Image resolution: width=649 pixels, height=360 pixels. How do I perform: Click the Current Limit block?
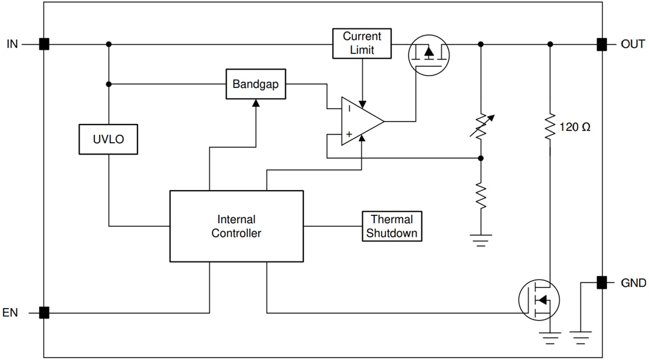362,43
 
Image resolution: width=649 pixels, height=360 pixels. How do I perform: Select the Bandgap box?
255,84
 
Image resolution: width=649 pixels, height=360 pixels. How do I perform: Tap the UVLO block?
108,139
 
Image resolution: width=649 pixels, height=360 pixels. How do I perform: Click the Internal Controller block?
236,226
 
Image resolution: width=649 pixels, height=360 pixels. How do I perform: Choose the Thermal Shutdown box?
392,226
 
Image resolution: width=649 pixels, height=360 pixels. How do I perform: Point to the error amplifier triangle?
361,122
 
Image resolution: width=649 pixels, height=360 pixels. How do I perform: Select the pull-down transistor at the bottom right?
539,300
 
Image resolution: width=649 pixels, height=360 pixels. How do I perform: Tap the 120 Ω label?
574,127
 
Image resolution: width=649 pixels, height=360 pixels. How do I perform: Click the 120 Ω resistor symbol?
550,126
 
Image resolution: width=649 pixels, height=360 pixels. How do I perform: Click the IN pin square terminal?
44,44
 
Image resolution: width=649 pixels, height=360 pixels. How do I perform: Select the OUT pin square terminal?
601,44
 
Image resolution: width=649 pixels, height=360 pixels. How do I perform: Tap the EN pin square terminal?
44,313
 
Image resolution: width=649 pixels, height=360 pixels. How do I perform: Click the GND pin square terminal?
601,283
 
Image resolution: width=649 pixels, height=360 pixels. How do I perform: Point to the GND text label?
633,283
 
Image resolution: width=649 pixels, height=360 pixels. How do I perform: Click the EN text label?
11,313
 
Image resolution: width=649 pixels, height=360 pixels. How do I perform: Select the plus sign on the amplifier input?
349,135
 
